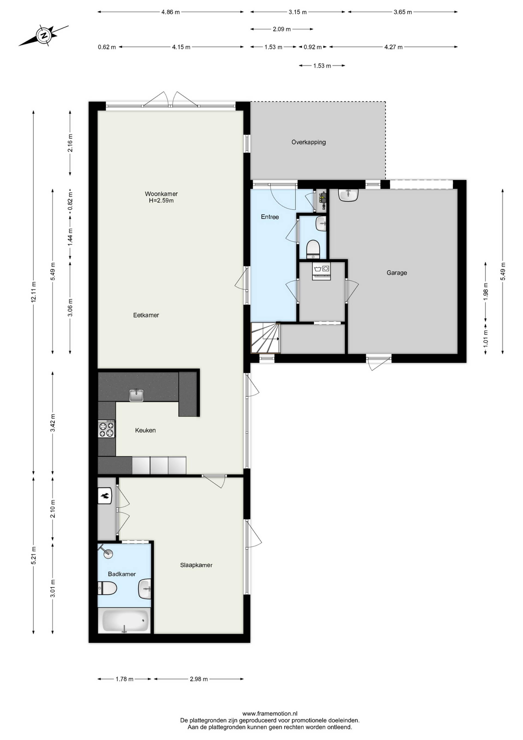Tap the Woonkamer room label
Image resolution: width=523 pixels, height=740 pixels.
161,194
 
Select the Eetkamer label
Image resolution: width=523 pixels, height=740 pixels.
146,315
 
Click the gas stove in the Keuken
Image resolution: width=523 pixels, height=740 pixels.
106,429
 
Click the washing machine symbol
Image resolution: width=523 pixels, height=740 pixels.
321,271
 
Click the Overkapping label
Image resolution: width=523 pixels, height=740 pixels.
309,142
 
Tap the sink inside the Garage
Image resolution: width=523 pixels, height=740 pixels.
348,195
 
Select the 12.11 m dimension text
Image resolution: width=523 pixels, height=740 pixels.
34,292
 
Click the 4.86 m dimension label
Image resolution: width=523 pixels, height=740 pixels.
170,12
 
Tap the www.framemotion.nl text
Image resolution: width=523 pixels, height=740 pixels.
270,714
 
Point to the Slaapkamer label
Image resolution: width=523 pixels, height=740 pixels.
196,565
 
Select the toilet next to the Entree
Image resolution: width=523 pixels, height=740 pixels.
312,249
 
